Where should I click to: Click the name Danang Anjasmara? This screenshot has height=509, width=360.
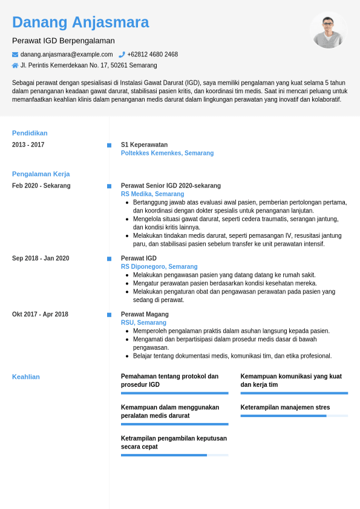[80, 22]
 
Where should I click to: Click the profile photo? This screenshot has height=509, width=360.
[328, 31]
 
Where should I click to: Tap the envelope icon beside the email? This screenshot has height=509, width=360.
[15, 54]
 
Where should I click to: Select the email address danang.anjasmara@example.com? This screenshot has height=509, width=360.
[67, 54]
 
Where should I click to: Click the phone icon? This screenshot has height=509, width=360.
[122, 54]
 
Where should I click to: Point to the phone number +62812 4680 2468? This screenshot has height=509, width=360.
[152, 54]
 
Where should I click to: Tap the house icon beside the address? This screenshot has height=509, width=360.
[15, 65]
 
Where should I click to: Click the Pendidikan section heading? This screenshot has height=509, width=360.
[30, 133]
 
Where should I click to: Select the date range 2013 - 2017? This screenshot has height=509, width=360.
[28, 145]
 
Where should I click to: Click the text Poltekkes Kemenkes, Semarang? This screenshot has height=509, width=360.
[167, 153]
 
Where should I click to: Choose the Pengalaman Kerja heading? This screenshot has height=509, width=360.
[41, 174]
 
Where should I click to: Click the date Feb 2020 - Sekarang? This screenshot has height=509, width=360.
[41, 186]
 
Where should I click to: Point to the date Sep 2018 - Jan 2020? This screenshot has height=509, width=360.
[41, 258]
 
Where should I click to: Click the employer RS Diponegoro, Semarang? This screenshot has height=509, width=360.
[159, 266]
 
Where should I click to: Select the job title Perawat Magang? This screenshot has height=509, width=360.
[145, 314]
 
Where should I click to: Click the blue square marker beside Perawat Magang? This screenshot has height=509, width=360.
[109, 315]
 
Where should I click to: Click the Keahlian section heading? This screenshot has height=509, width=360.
[26, 376]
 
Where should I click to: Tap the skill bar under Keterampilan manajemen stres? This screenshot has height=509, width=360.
[294, 416]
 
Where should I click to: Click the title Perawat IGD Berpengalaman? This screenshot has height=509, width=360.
[64, 41]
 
